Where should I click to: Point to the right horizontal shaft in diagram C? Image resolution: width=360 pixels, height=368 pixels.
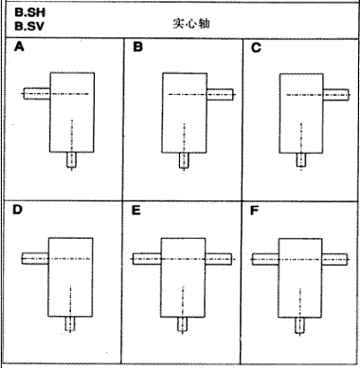tap(335, 93)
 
